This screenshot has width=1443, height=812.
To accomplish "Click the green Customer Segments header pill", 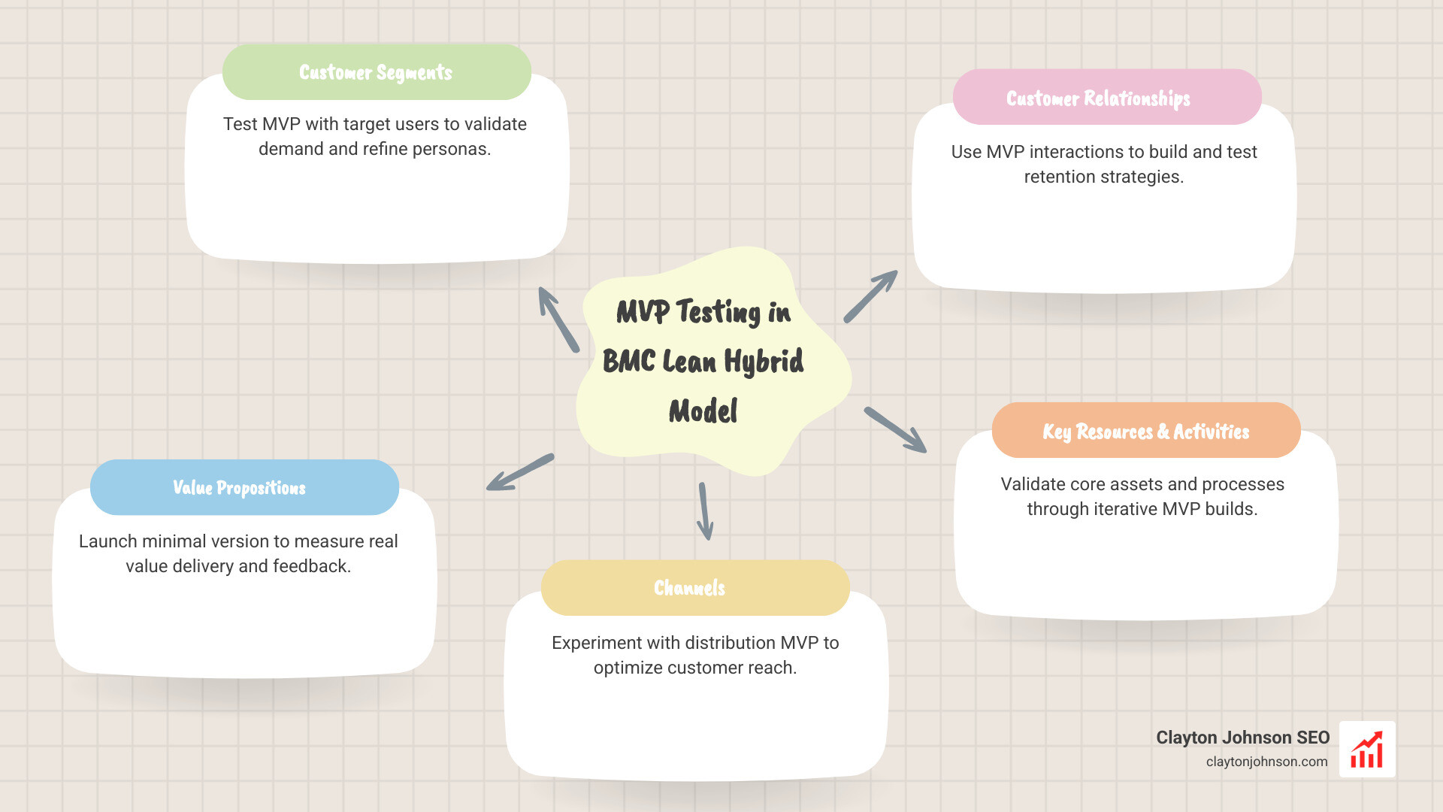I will [377, 72].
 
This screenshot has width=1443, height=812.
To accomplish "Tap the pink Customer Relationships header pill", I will [1106, 98].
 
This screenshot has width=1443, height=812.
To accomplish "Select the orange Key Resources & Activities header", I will [1145, 431].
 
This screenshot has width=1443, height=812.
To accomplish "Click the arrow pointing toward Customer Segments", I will [558, 319].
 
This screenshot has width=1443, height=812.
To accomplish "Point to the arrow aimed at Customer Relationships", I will [871, 296].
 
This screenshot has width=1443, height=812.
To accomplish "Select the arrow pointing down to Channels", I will [705, 511].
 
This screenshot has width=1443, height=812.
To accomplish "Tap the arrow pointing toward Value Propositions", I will [520, 472].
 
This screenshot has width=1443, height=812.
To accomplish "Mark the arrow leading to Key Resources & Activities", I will [895, 430].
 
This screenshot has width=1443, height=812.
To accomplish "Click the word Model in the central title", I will [703, 411].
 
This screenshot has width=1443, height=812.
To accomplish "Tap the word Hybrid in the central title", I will [764, 362].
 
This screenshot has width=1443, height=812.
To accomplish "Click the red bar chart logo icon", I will [1367, 750].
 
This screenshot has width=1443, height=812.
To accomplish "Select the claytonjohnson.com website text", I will [1266, 762].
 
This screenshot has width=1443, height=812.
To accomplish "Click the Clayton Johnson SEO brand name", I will [1242, 738].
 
